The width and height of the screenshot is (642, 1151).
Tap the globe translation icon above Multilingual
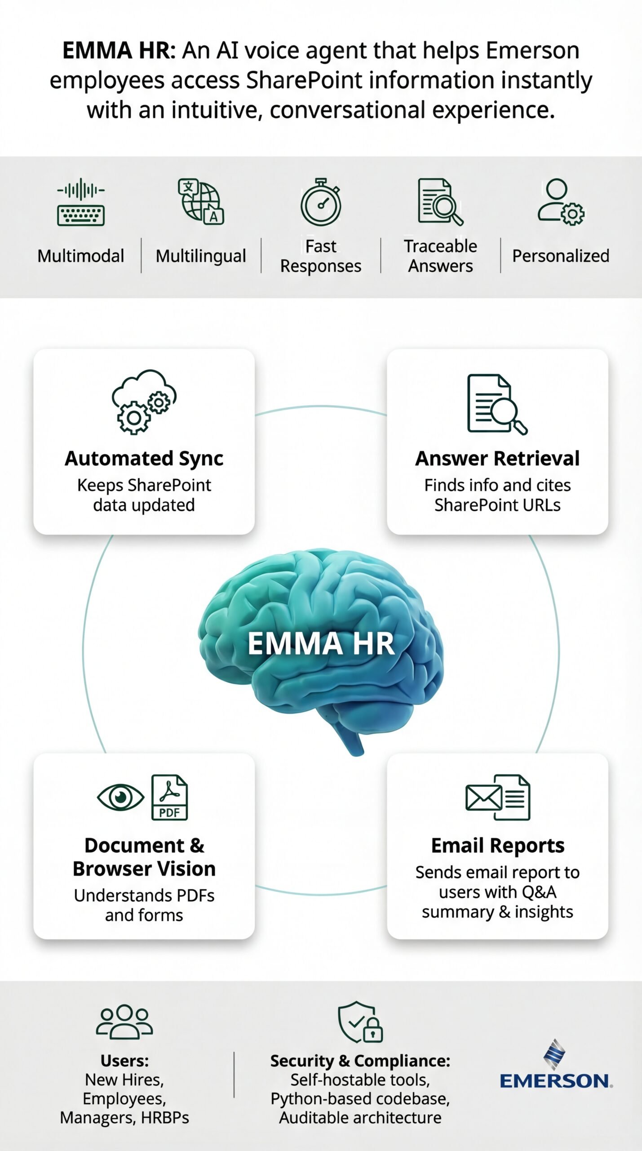pos(201,201)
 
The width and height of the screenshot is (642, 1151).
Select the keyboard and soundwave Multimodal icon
pos(81,202)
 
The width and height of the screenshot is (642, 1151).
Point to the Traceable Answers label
pos(440,256)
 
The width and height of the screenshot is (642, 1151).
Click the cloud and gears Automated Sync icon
pos(144,402)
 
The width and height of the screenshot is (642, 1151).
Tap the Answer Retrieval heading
pos(497,458)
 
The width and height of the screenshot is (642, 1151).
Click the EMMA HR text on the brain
pos(321,643)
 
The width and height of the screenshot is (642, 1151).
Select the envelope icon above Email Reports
pos(483,798)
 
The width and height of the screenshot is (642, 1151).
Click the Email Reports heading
pos(497,845)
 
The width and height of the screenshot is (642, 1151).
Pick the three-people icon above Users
pos(124,1022)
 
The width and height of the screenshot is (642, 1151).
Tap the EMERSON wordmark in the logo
pos(555,1081)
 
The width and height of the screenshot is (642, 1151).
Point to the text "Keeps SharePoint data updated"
pos(144,495)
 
